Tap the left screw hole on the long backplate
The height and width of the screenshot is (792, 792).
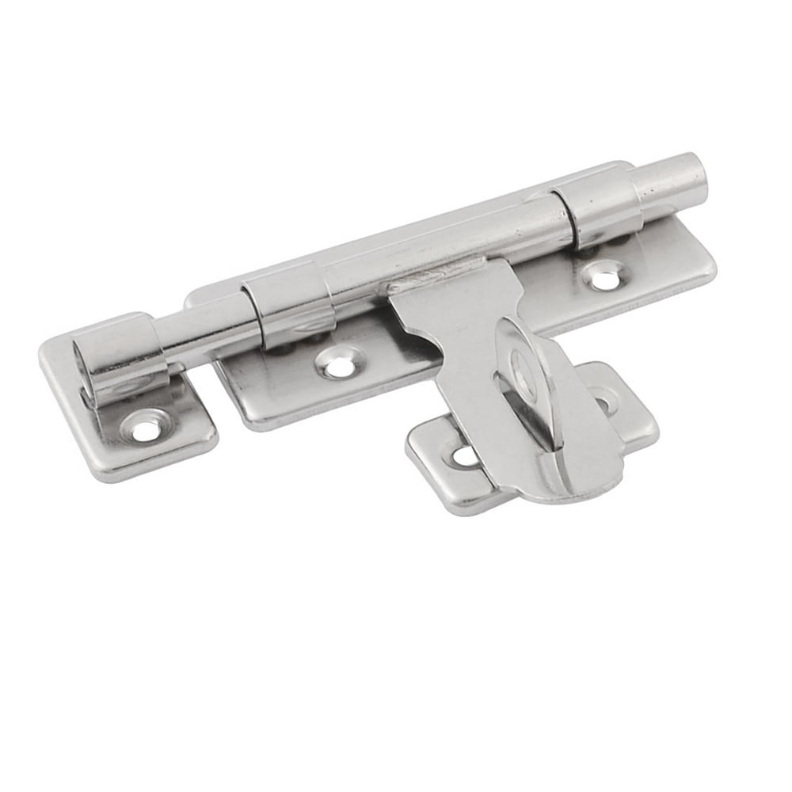point(339,366)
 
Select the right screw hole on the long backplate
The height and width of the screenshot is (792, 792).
point(606,277)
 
